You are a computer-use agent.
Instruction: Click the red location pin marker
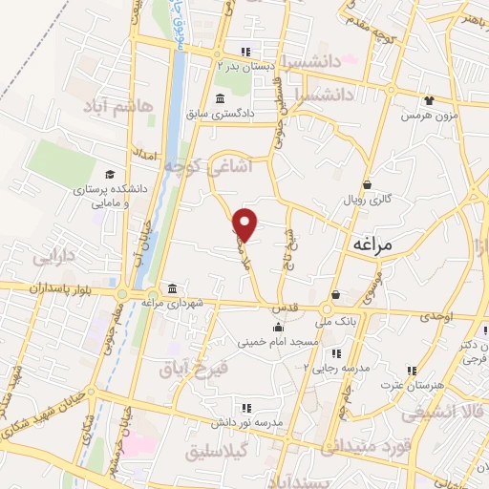click(x=246, y=223)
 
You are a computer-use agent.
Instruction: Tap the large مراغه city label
click(x=372, y=244)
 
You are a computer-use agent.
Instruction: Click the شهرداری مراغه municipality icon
click(x=172, y=289)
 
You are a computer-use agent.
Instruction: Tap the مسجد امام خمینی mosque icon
click(x=278, y=328)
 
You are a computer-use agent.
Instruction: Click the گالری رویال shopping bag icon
click(x=367, y=185)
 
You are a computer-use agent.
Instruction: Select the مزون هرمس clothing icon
click(x=429, y=99)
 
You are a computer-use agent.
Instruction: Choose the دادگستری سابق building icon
click(x=221, y=99)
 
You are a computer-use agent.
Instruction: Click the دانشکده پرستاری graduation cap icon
click(x=110, y=176)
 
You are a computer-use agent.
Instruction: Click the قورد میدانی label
click(x=368, y=445)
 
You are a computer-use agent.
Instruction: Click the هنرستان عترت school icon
click(x=412, y=370)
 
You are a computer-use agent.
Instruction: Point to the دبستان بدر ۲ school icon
click(x=245, y=53)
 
